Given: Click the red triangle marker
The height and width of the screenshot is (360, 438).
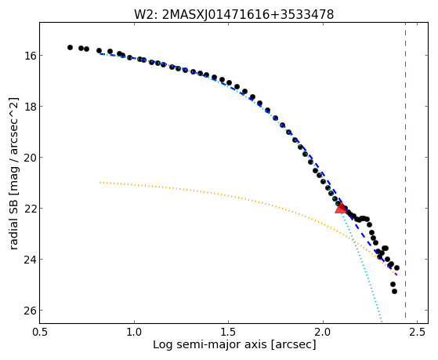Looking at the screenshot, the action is coord(341,208).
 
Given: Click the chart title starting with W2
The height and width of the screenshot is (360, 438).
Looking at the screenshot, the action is coord(233,15).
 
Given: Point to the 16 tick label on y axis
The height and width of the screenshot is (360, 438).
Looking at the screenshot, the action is coord(28,56).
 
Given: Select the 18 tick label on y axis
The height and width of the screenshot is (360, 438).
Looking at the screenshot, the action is coord(28,107).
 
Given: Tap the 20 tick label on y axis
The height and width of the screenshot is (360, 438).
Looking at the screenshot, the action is coord(28,158).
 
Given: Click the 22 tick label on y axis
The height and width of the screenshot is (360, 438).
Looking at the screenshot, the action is coord(28,209).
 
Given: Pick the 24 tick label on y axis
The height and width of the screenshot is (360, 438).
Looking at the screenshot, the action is coord(28,260).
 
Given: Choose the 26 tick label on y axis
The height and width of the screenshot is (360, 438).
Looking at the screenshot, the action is coord(28,311).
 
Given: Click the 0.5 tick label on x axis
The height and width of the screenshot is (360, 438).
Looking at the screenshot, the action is coord(40,333).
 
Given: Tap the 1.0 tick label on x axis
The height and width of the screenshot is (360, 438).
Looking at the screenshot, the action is coord(134,333).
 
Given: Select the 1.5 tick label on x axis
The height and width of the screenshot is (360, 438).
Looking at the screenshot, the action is coord(229,333).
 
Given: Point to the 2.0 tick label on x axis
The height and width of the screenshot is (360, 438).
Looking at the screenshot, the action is coord(323,333).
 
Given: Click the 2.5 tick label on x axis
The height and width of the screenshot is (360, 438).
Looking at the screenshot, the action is coord(417,333).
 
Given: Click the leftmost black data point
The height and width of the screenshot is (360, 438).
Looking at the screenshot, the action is coord(70,47).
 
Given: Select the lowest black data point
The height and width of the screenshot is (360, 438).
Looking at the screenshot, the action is coord(394,291).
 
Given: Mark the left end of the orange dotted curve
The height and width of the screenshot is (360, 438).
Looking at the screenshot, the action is coord(100,183).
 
